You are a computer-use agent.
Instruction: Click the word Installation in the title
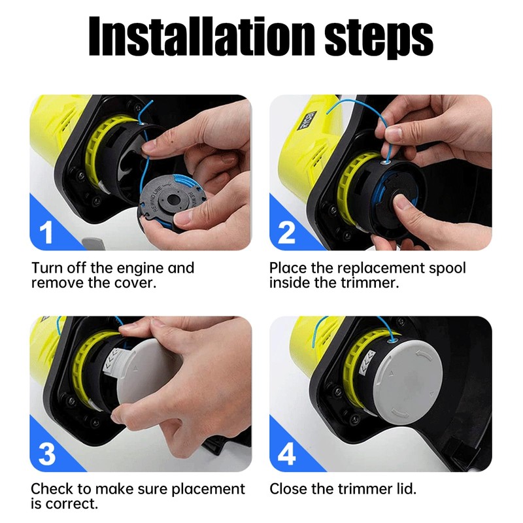[202, 36]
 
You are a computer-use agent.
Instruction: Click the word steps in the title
[379, 39]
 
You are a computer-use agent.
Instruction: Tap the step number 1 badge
[46, 233]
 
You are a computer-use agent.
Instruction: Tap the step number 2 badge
[286, 233]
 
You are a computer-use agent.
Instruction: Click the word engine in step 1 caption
[140, 269]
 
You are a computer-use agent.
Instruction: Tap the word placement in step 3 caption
[208, 490]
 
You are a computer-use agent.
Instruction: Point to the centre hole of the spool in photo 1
[173, 200]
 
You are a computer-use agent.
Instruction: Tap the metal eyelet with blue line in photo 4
[390, 341]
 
